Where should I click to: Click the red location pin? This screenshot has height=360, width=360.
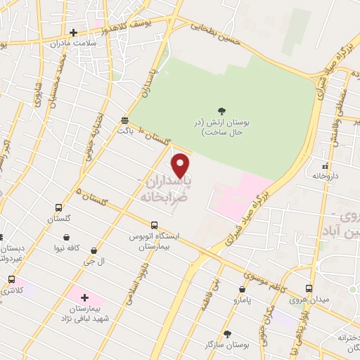(181, 166)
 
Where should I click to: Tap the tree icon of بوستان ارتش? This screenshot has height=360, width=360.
(222, 110)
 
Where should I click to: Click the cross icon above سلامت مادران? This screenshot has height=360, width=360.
(74, 32)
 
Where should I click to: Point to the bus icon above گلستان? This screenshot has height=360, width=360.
(58, 208)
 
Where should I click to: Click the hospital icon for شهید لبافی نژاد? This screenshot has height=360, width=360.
(85, 298)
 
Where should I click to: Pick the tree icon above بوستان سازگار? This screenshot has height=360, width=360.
(226, 334)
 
